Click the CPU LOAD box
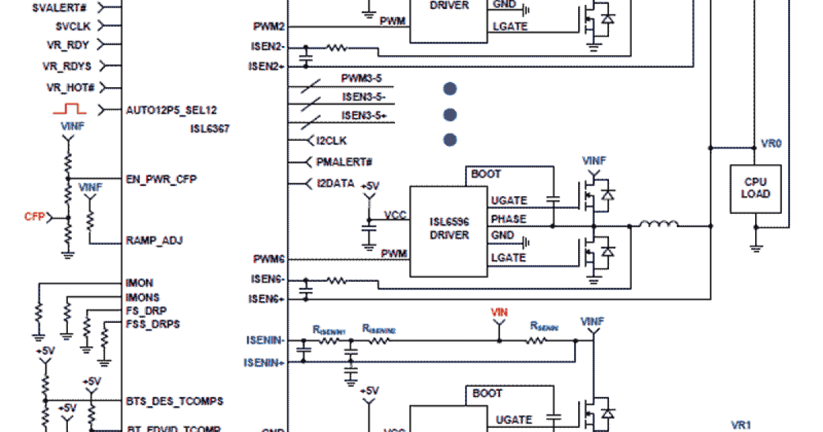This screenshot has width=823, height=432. (x=755, y=187)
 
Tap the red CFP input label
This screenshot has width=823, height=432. (x=34, y=217)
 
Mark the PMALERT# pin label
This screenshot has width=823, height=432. (x=344, y=162)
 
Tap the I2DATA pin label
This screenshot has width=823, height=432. (x=335, y=184)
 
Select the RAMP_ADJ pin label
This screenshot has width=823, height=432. (x=154, y=241)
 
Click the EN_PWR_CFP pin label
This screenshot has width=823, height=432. (x=161, y=178)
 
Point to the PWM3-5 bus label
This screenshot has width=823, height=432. (x=361, y=78)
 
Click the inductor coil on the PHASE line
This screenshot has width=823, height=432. (x=658, y=224)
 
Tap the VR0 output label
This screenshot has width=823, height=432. (x=772, y=144)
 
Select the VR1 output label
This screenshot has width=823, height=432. (x=741, y=425)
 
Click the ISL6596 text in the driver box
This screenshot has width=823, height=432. (x=449, y=221)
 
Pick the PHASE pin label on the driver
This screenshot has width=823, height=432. (x=508, y=219)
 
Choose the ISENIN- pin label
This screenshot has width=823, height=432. (x=265, y=339)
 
